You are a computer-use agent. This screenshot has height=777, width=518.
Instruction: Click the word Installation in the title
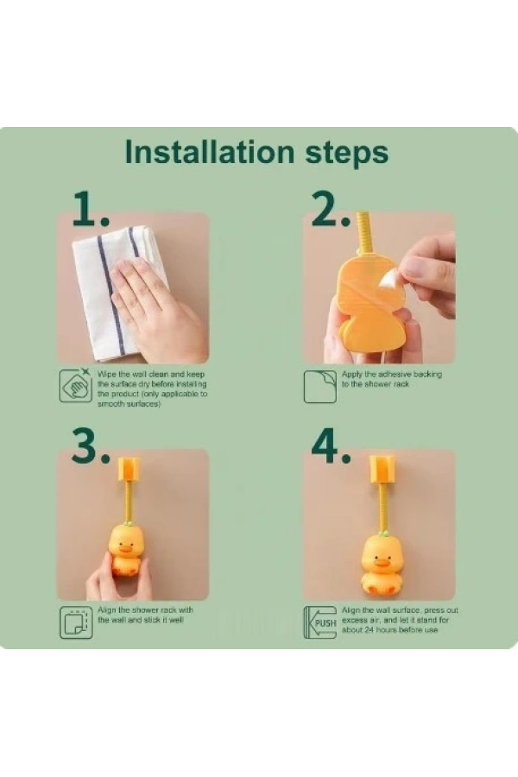tap(210, 152)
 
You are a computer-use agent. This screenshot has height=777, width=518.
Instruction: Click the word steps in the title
tap(346, 154)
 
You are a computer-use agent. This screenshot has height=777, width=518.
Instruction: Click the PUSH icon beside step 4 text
tap(319, 622)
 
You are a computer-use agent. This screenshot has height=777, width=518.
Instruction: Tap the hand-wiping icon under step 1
tap(75, 385)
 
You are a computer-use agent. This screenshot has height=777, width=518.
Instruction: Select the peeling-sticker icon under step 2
tap(319, 387)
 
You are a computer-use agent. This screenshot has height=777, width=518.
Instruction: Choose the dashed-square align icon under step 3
tap(76, 622)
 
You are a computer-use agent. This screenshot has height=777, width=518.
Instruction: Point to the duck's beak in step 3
tap(126, 548)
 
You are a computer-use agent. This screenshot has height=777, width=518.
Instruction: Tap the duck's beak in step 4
tap(382, 562)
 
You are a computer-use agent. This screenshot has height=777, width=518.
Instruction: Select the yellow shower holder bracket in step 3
tap(128, 470)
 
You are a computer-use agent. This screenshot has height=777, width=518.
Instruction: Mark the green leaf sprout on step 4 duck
tap(382, 534)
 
